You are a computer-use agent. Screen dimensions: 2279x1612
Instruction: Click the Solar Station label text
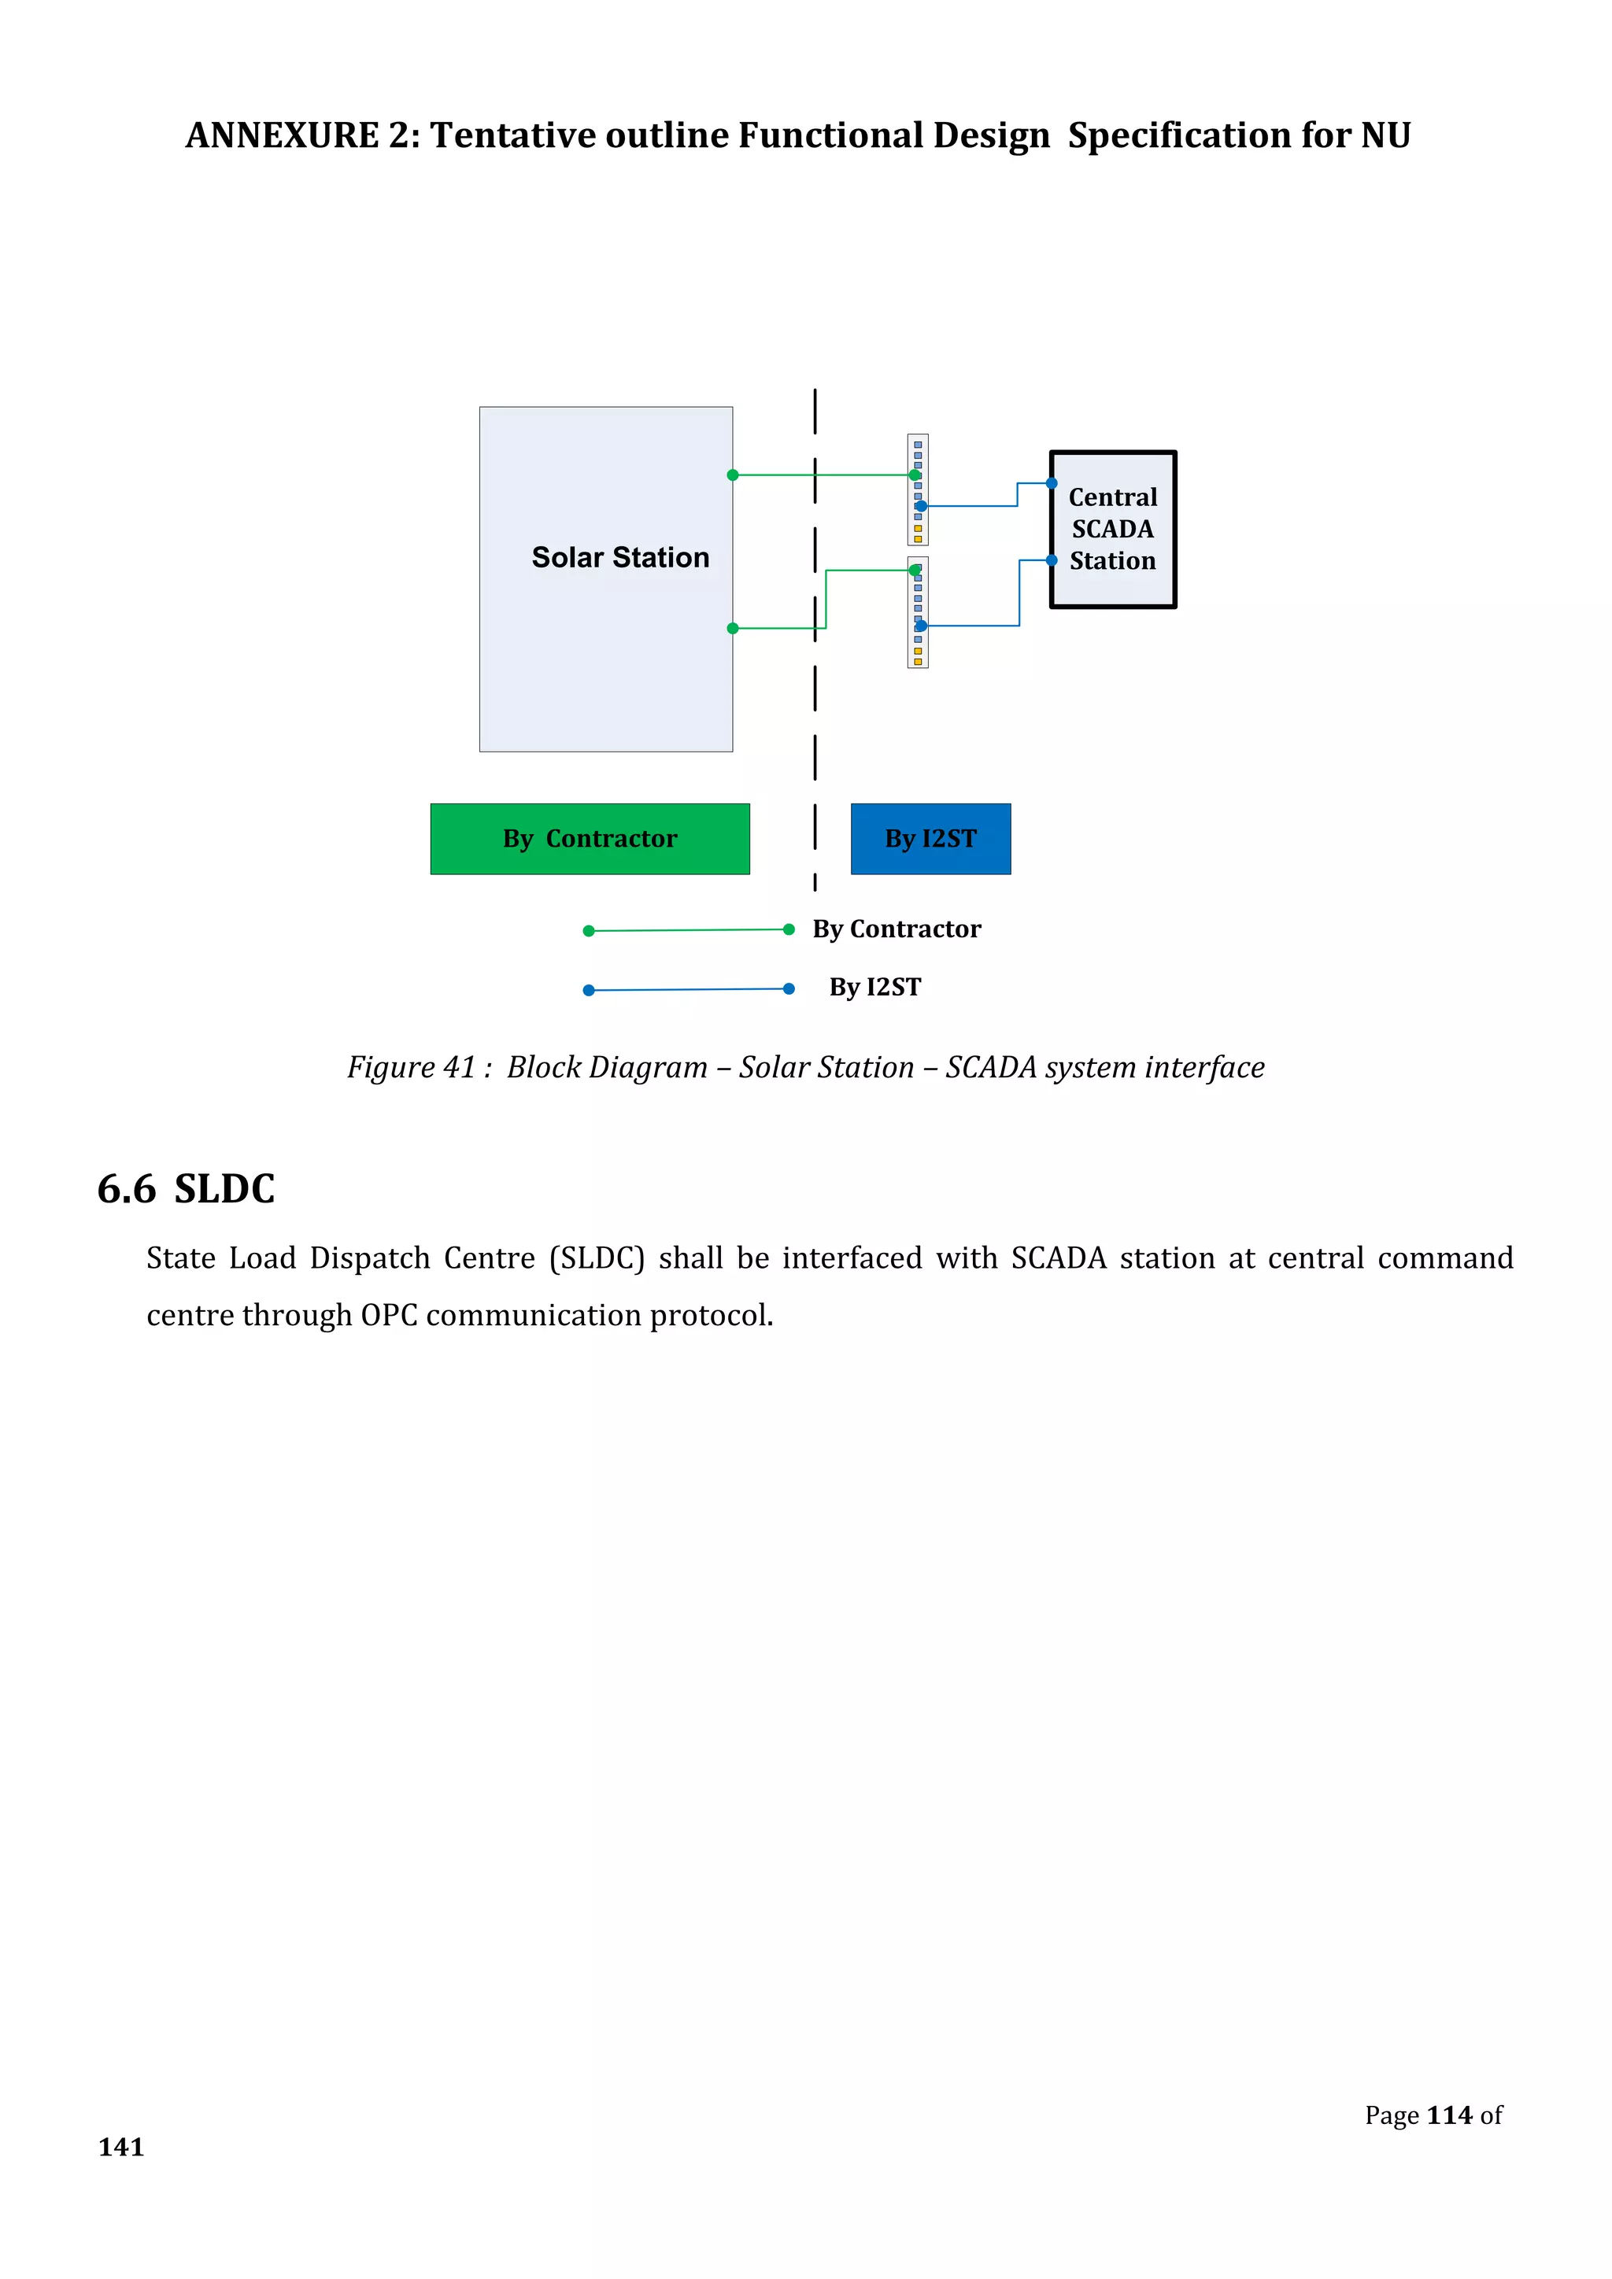[x=620, y=558]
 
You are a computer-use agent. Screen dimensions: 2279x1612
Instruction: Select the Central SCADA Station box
[x=1113, y=529]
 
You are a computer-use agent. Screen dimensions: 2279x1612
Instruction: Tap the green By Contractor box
[x=590, y=839]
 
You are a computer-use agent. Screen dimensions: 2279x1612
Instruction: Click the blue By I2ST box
[x=930, y=839]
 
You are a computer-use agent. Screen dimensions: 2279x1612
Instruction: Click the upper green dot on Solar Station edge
[x=733, y=475]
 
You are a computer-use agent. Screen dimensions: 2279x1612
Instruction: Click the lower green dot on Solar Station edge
[x=733, y=628]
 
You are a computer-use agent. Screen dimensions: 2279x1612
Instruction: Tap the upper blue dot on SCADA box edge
[x=1051, y=483]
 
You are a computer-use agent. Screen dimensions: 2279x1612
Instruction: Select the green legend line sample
[x=688, y=930]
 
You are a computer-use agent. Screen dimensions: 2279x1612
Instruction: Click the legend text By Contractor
[x=897, y=929]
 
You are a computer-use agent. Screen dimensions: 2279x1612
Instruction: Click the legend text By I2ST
[x=874, y=987]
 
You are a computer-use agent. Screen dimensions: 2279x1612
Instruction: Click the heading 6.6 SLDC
[x=186, y=1188]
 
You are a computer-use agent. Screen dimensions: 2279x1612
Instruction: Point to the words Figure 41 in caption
[x=411, y=1067]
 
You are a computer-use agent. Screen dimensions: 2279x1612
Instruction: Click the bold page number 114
[x=1448, y=2115]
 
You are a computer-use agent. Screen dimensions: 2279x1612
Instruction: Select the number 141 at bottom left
[x=121, y=2147]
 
